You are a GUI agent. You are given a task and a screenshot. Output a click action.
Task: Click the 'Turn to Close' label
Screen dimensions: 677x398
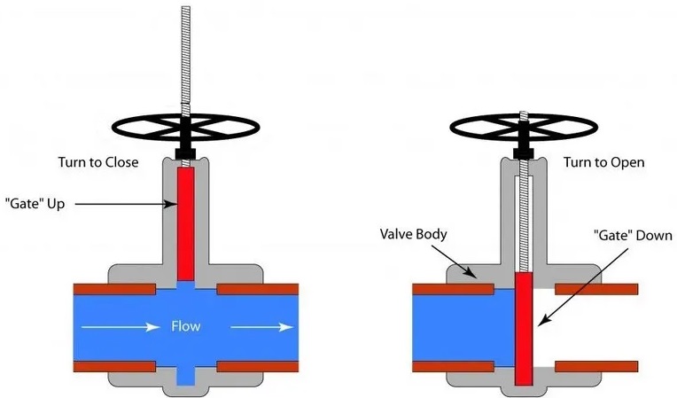coord(98,162)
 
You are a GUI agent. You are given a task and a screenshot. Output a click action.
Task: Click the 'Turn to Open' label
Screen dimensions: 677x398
coord(603,162)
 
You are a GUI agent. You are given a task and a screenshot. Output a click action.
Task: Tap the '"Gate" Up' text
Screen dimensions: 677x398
coord(35,203)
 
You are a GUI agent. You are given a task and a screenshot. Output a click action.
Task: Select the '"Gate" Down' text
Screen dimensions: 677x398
coord(633,235)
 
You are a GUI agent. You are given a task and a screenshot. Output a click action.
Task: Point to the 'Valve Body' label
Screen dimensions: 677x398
coord(413,234)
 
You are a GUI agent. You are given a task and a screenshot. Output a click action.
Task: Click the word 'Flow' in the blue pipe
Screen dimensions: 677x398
coord(186,326)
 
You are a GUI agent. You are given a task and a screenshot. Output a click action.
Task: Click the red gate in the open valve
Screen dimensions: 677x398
coord(525,328)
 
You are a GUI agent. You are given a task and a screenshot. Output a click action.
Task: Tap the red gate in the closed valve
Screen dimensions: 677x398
coord(186,224)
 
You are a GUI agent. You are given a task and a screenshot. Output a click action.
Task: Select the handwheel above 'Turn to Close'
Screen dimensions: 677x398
coord(186,128)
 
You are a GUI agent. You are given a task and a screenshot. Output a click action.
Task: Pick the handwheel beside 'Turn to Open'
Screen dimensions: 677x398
coord(524,128)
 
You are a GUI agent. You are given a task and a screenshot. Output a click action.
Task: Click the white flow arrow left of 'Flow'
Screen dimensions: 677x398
coord(121,327)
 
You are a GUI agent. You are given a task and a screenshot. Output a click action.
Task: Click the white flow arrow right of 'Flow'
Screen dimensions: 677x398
coord(262,327)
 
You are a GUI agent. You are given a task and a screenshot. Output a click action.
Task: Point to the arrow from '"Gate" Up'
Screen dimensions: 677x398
coord(126,203)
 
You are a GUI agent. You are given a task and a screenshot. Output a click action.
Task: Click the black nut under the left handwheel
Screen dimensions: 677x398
coord(186,153)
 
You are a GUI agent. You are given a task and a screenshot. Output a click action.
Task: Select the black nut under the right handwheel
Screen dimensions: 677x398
coord(524,153)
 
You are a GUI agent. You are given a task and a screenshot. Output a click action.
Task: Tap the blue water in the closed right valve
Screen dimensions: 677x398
coord(463,328)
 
